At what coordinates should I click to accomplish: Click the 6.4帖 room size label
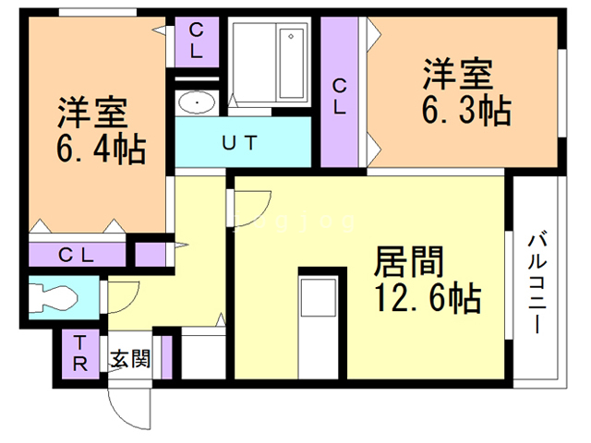coord(102,148)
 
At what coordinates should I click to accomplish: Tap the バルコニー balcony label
coord(537,286)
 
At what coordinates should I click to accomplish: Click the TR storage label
coord(80,353)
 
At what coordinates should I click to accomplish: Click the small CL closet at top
coord(198,41)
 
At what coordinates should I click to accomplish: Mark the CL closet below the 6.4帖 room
coord(76,255)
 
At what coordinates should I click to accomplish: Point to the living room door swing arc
coord(251,208)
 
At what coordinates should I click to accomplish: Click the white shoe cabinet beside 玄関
coord(203,356)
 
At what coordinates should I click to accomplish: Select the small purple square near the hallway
coord(151,254)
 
